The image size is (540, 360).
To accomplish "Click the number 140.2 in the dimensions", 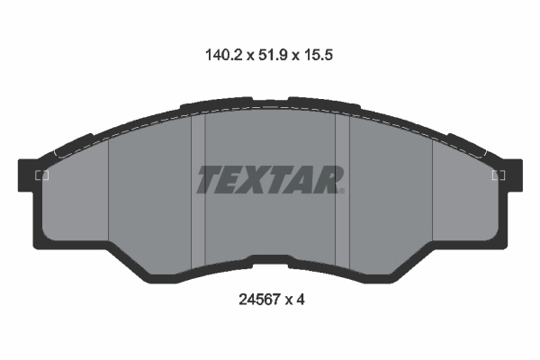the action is coord(224,55).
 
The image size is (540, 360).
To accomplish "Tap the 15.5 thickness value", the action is coord(318,55).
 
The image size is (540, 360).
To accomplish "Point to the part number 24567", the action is coord(260,300).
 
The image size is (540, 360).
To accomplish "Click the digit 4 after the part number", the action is coord(301,300).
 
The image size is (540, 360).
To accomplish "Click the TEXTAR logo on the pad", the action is coord(270,179).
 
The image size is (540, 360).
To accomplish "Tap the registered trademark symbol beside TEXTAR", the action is coord(342,191).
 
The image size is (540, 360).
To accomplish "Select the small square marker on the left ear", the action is coord(42,175).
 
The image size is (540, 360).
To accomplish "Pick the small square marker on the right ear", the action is coord(499,175).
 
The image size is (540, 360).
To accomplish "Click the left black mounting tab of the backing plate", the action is coord(27,175).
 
